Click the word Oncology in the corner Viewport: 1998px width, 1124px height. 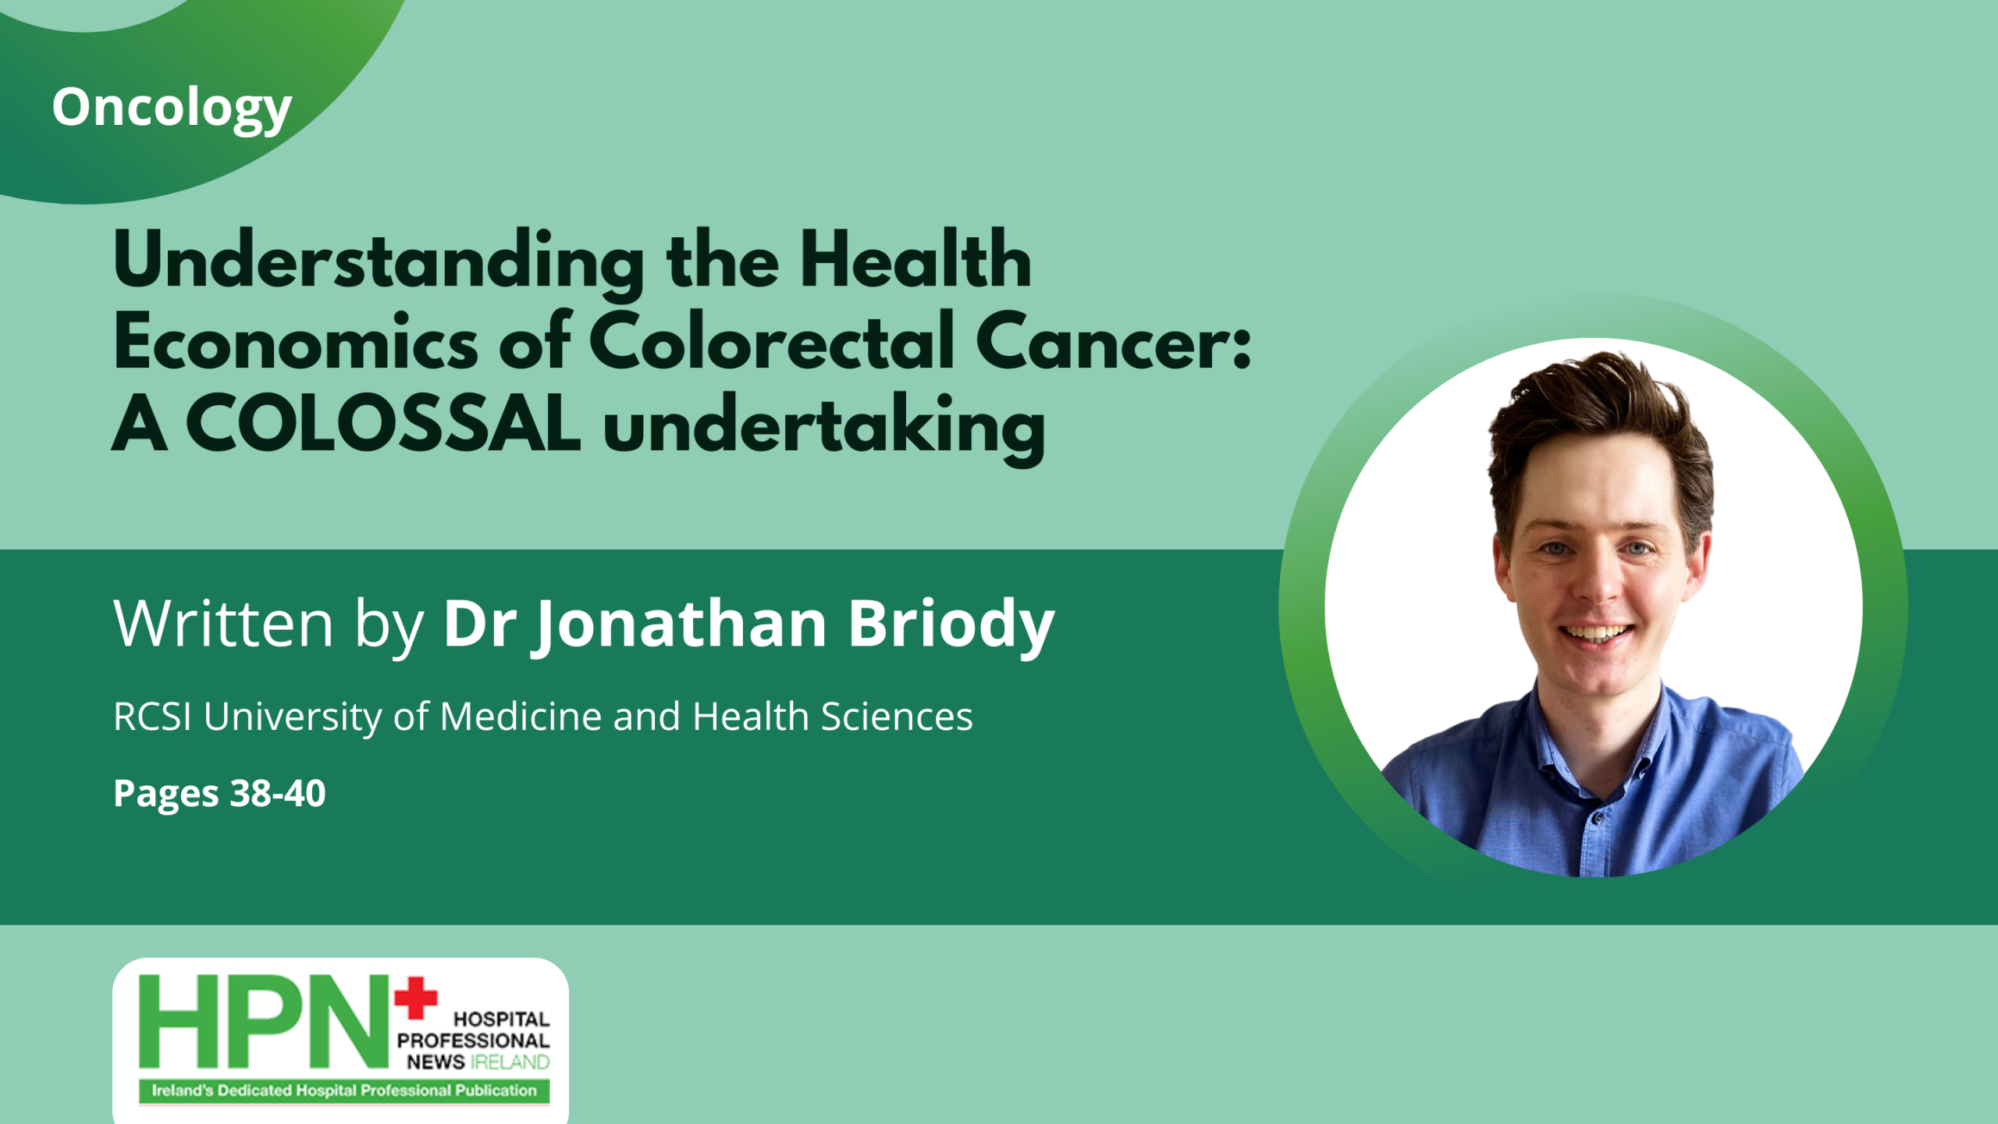(x=172, y=108)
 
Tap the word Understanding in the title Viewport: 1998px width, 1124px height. (x=379, y=261)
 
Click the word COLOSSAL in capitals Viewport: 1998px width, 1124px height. (x=383, y=424)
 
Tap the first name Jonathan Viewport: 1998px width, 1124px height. (x=679, y=624)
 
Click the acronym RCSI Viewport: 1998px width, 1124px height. (x=152, y=717)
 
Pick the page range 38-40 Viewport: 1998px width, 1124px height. (x=278, y=793)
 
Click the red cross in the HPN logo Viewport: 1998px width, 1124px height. (x=415, y=998)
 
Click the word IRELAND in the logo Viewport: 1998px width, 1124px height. (x=510, y=1062)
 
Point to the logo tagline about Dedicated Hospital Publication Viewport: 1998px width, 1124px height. (x=344, y=1090)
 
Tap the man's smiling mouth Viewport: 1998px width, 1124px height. (x=1597, y=632)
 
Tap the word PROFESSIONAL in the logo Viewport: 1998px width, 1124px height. (x=473, y=1040)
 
